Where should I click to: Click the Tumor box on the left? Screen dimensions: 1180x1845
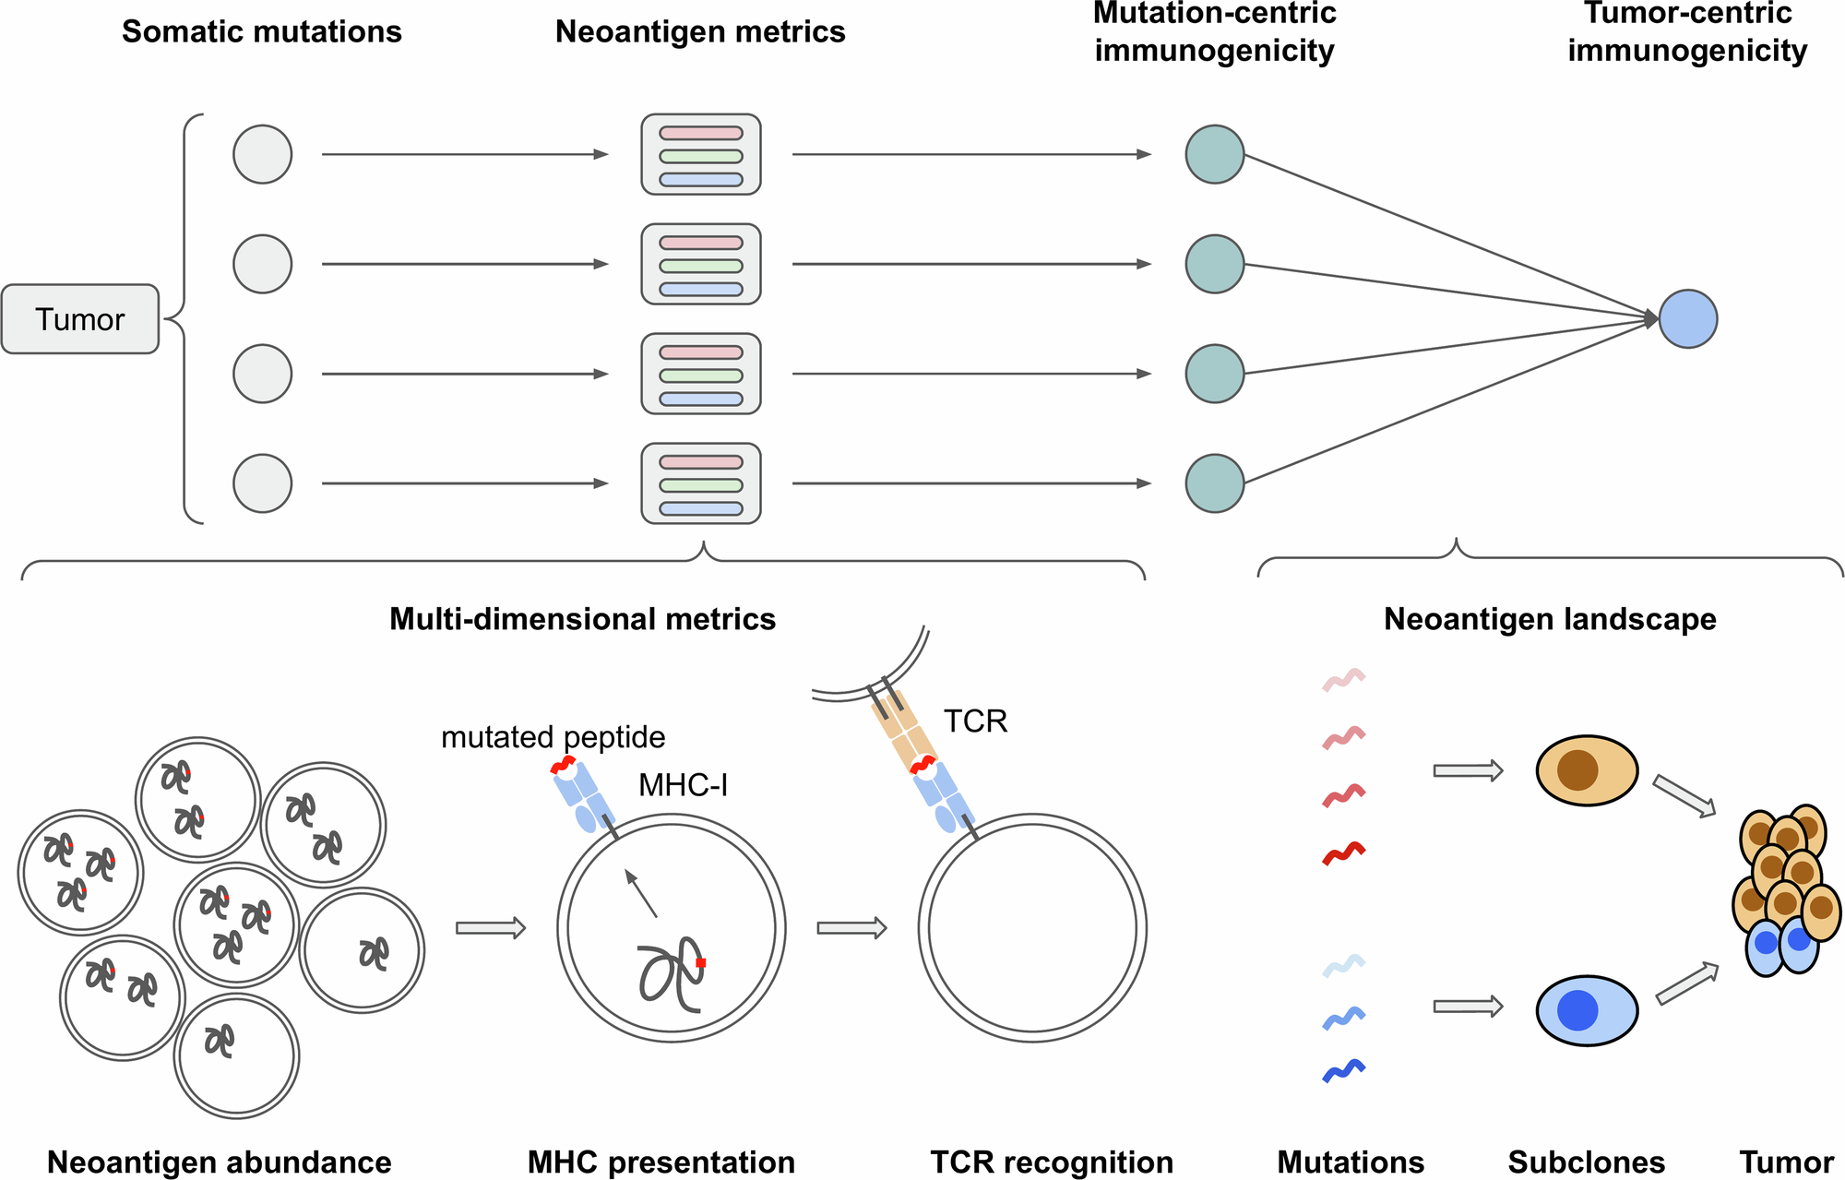tap(80, 319)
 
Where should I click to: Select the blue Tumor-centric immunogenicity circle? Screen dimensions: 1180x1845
tap(1687, 319)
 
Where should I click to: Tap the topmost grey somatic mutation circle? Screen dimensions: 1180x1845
tap(262, 154)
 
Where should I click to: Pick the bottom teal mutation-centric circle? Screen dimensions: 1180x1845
tap(1214, 483)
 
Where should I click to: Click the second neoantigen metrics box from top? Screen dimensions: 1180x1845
tap(701, 265)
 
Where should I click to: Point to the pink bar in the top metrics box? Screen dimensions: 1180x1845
tap(701, 133)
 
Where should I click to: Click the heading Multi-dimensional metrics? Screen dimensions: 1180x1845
tap(582, 619)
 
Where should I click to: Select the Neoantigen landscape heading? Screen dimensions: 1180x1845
tap(1550, 619)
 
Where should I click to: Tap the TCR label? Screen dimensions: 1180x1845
tap(975, 721)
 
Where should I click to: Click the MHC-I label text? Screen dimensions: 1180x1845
tap(683, 786)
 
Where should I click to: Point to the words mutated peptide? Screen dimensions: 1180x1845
tap(553, 738)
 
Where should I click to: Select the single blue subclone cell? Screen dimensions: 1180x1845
tap(1587, 1010)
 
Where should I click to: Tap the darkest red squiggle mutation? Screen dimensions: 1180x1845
tap(1343, 853)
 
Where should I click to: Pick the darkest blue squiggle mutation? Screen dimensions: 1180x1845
tap(1343, 1071)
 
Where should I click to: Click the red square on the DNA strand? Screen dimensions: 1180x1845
tap(701, 962)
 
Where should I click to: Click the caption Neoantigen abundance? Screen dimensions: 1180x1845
tap(219, 1162)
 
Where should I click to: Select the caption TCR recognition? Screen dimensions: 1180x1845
tap(1052, 1162)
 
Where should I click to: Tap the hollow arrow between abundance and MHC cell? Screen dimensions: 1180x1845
tap(491, 927)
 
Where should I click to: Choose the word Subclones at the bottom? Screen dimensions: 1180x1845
tap(1587, 1162)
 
